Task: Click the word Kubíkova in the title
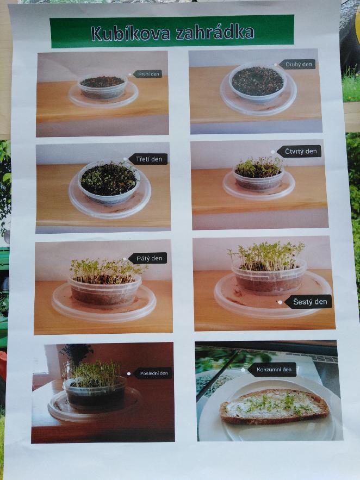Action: [x=130, y=33]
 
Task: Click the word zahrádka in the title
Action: [x=215, y=32]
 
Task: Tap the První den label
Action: [x=148, y=74]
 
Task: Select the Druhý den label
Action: [x=298, y=64]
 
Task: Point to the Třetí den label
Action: [x=148, y=159]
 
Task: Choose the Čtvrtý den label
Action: [x=300, y=152]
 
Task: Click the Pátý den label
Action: [x=148, y=258]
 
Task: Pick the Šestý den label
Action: [x=308, y=302]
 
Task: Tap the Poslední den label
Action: [x=153, y=373]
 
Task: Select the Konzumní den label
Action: [x=272, y=370]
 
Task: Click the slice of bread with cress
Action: [x=274, y=406]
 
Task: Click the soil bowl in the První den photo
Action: [x=103, y=86]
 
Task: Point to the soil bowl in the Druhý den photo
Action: [x=258, y=82]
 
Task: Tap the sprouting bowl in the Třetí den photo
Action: [x=109, y=182]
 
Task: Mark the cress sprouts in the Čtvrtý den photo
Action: [x=259, y=167]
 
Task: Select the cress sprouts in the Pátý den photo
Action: [x=105, y=271]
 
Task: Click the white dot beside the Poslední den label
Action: [x=129, y=373]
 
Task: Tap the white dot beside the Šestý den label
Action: [x=280, y=302]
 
